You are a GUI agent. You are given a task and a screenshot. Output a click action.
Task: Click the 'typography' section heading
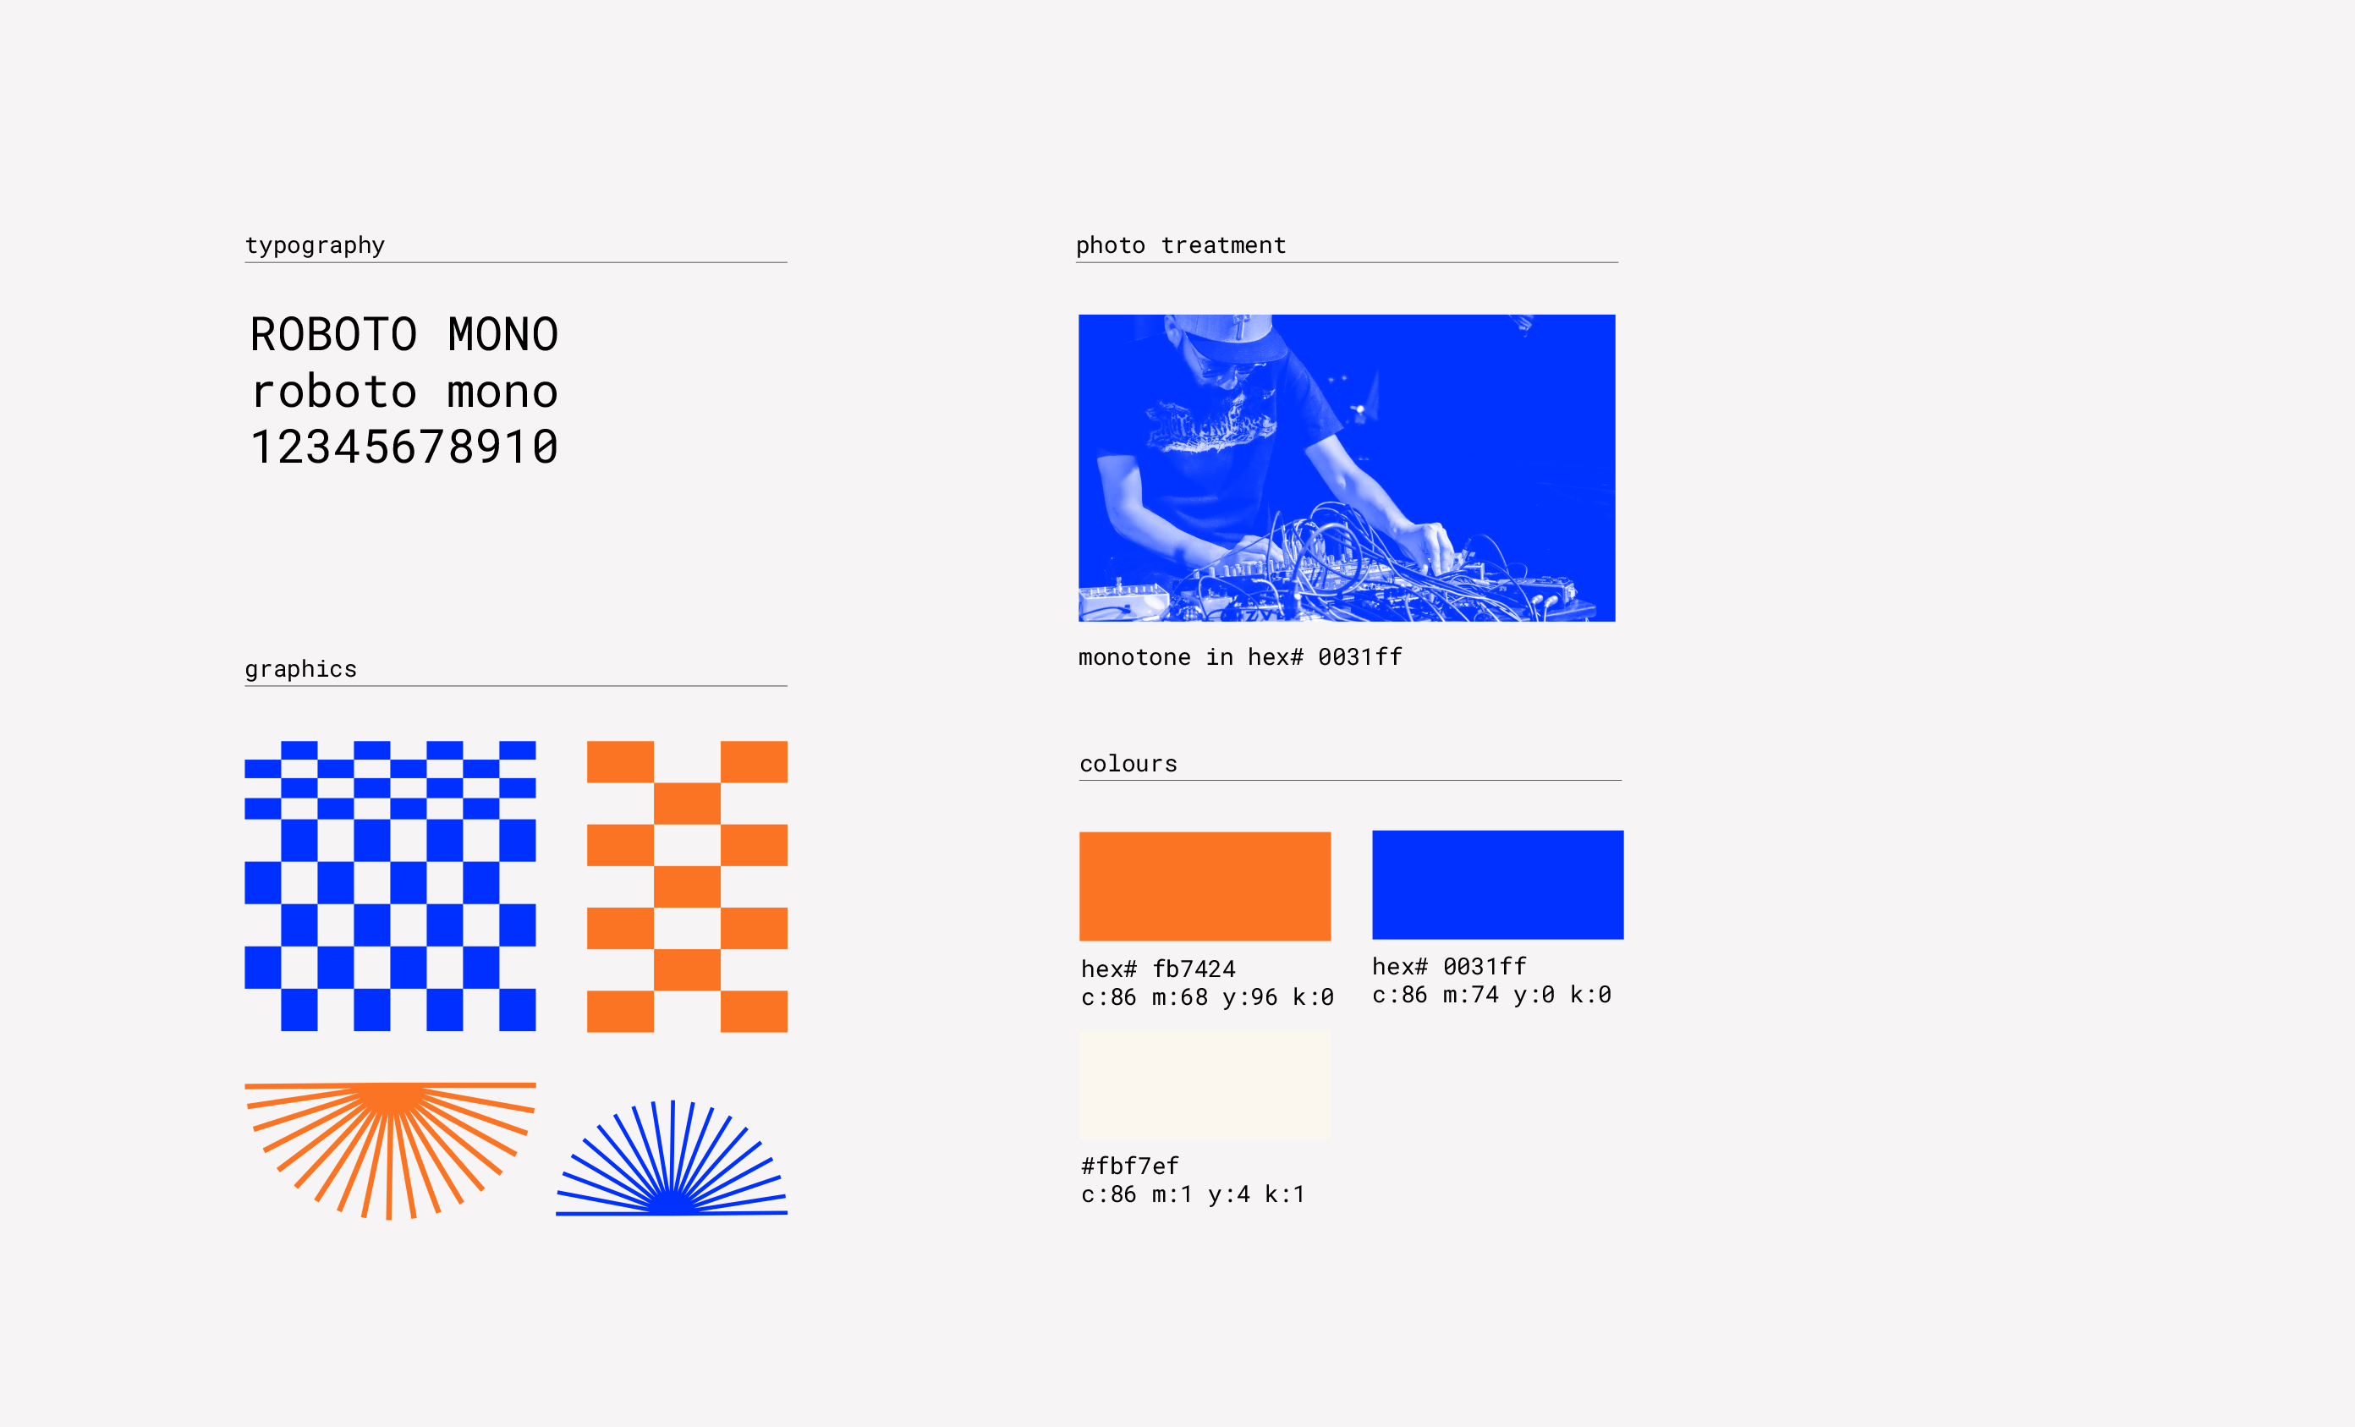click(315, 245)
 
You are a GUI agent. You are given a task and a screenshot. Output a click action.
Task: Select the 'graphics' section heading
click(301, 669)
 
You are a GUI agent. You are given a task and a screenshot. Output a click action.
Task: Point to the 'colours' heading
click(1128, 764)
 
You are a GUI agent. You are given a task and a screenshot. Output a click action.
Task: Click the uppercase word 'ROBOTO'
click(333, 334)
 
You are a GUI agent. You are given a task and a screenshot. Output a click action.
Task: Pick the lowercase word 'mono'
click(502, 392)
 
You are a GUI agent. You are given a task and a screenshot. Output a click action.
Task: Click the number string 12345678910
click(404, 447)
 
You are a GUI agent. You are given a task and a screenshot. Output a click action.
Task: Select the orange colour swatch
click(1205, 886)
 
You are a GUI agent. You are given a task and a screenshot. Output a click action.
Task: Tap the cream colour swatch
click(1205, 1084)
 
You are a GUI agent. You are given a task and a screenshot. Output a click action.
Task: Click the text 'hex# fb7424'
click(1158, 969)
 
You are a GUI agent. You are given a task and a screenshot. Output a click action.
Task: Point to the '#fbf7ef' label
click(1130, 1166)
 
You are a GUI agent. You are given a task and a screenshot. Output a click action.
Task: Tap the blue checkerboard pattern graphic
click(390, 886)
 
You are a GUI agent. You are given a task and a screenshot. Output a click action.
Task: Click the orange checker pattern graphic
click(687, 886)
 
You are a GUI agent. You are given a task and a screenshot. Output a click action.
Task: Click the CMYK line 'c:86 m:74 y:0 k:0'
click(1492, 995)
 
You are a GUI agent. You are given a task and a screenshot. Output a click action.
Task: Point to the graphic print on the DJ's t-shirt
click(1211, 427)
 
